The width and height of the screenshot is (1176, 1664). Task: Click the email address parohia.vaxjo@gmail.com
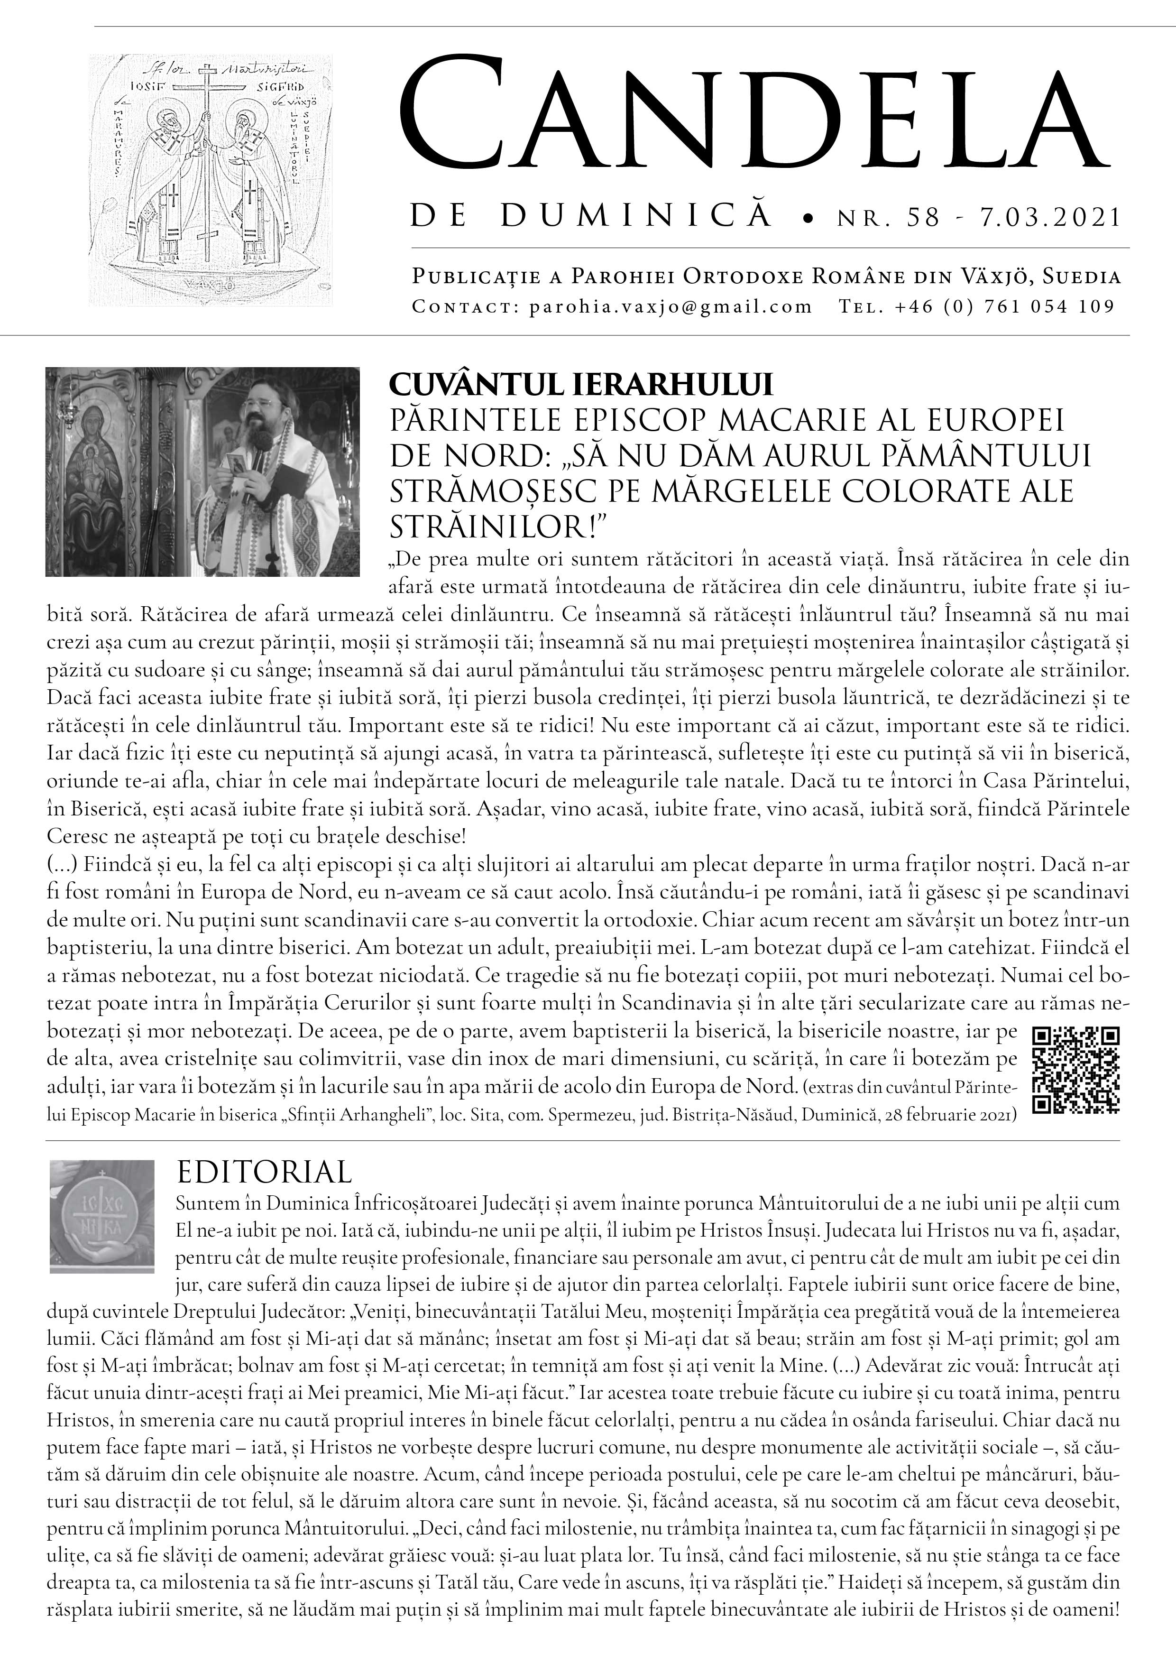(x=670, y=306)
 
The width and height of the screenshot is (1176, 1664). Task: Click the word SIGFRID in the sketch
(x=251, y=86)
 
